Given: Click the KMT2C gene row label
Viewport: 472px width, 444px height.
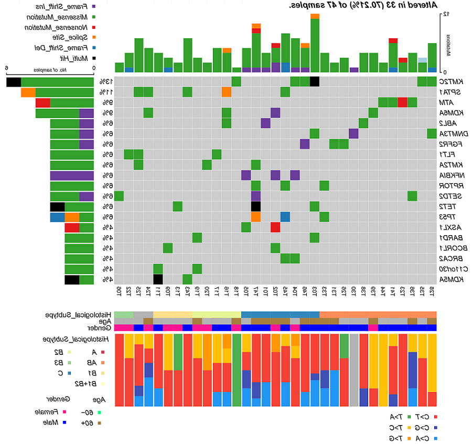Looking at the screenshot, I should coord(450,81).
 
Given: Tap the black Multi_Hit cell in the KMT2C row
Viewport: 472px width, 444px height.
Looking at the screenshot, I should coord(315,81).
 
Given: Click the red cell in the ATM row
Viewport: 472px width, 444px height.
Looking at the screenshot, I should coord(402,102).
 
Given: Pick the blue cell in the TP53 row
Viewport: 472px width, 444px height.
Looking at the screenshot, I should coord(285,217).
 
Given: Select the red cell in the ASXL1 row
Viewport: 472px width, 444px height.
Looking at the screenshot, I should coord(275,227).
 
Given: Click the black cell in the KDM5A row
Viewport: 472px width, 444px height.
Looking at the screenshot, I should coord(158,279).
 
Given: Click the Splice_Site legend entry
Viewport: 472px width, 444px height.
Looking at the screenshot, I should coord(62,37).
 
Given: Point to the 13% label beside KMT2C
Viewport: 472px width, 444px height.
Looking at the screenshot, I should coord(105,81).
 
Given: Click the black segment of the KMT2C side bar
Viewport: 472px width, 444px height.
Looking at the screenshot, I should coord(14,81).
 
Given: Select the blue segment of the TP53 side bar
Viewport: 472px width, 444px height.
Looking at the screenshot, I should coord(57,217).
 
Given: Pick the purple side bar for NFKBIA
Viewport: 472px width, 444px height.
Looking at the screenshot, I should coord(72,175).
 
